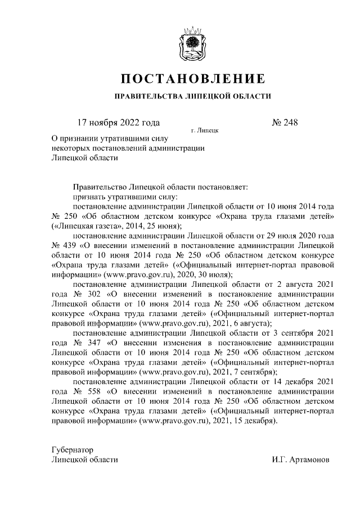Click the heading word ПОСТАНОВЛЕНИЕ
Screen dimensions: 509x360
193,78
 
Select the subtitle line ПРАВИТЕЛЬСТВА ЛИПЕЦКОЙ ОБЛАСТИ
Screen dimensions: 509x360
193,96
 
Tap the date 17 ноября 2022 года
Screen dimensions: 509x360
118,123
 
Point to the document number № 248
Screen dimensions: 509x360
285,123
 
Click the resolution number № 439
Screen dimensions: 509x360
65,245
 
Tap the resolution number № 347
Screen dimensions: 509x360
82,343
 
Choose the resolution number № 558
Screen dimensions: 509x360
82,392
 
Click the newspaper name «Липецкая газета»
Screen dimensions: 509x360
85,226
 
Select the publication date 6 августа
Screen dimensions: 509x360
253,323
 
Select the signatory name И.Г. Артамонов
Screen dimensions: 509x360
300,460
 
